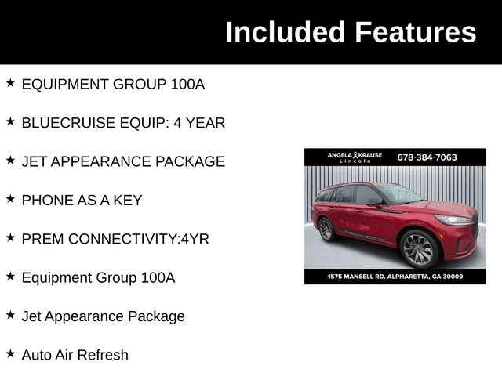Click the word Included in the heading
click(286, 32)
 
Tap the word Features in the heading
click(415, 32)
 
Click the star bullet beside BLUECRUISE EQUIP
click(10, 121)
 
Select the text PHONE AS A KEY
click(82, 200)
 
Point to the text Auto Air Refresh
click(75, 355)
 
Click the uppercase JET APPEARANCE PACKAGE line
click(123, 161)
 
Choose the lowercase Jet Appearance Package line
click(103, 316)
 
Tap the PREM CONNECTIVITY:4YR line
click(115, 239)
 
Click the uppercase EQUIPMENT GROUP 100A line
click(113, 84)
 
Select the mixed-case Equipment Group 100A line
click(98, 277)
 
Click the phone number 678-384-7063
click(427, 157)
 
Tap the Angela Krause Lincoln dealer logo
click(355, 157)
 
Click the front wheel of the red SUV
click(417, 250)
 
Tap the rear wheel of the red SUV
click(326, 229)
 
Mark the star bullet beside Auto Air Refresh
click(10, 353)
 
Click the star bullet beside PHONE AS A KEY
click(10, 199)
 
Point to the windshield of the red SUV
click(400, 193)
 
